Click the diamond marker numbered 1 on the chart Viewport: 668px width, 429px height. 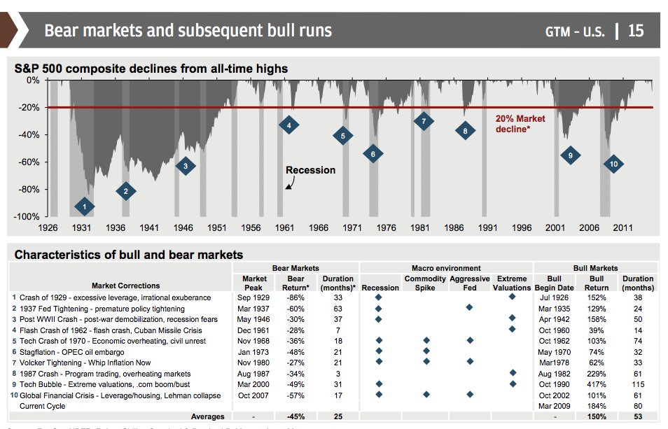(84, 206)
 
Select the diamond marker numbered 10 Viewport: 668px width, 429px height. (613, 164)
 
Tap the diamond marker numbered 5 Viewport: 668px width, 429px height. (342, 136)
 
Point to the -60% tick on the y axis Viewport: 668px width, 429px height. (29, 162)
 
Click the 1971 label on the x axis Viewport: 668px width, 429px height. (352, 228)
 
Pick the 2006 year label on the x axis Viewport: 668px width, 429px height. (589, 228)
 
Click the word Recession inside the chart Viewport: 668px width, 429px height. (310, 170)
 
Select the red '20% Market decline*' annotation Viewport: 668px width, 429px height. (520, 124)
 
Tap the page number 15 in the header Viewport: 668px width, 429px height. (635, 31)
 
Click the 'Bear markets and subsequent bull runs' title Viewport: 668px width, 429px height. (188, 31)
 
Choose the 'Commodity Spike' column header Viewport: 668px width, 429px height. (425, 283)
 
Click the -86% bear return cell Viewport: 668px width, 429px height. (295, 297)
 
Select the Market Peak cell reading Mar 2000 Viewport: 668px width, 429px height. (254, 384)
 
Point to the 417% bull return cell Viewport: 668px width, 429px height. (597, 384)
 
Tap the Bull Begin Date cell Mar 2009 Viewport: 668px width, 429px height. (555, 406)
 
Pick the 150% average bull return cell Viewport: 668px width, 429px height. (597, 417)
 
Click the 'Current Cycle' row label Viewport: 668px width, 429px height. (43, 406)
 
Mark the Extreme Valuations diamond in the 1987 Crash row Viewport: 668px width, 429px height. (512, 374)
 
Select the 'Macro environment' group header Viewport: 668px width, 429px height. (446, 267)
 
